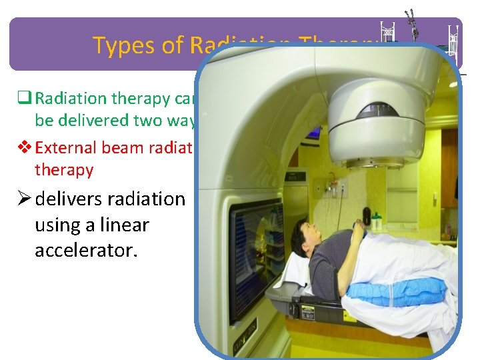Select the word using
click(57, 225)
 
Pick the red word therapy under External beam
click(63, 170)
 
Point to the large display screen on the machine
click(257, 247)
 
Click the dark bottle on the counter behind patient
click(366, 217)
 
